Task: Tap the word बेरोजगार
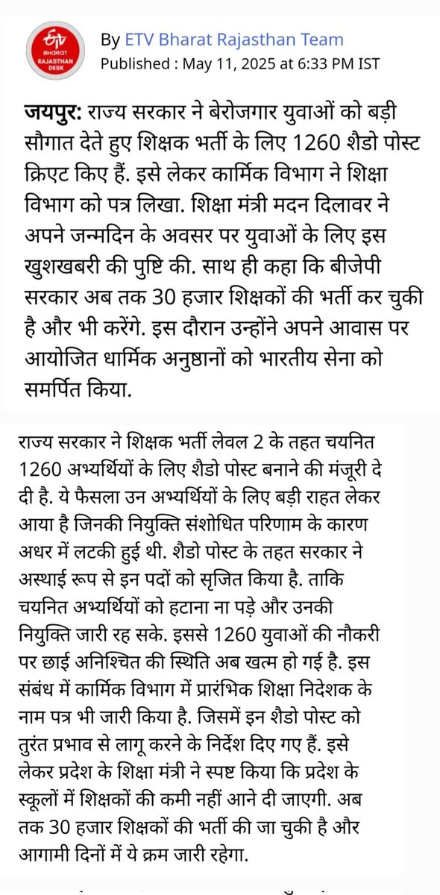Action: pos(241,114)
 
